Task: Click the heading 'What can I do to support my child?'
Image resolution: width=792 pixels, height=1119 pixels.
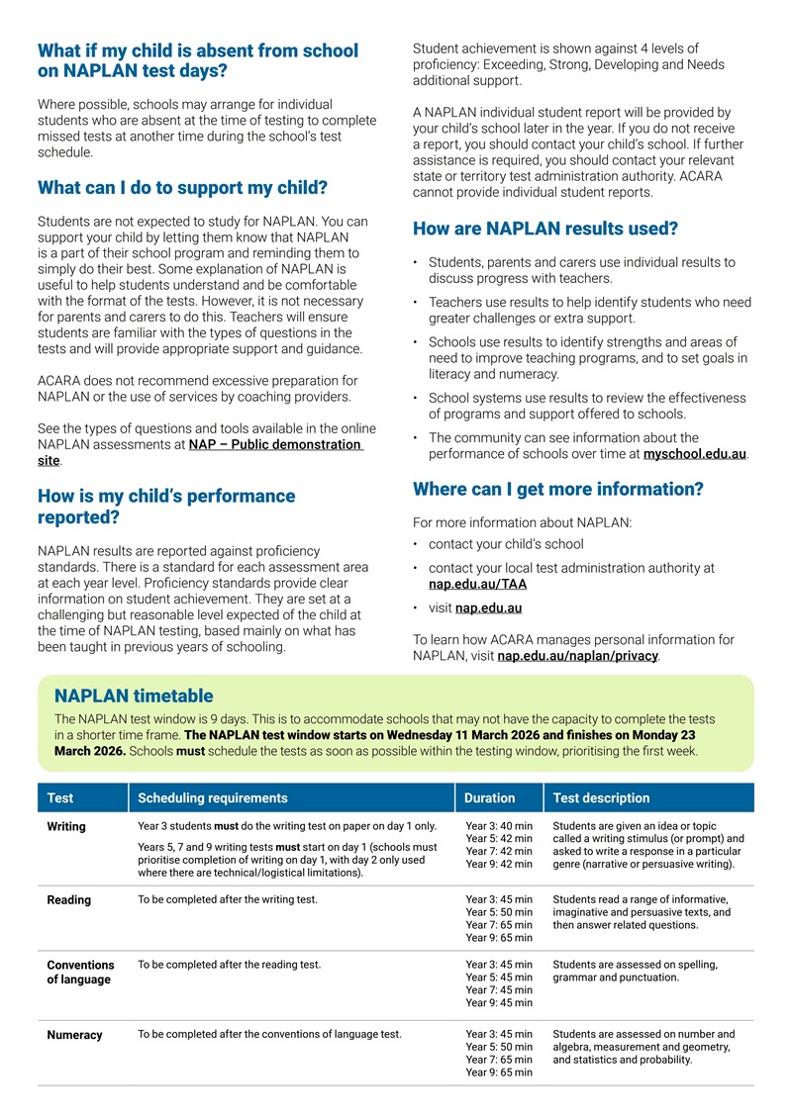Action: [x=182, y=187]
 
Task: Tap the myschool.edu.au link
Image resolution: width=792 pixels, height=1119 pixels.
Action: [x=694, y=454]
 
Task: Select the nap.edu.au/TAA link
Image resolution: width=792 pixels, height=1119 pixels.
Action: [x=470, y=584]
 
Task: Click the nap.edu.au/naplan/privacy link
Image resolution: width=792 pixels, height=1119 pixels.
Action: [x=577, y=655]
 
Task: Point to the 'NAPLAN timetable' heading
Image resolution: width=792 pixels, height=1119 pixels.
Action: [x=134, y=697]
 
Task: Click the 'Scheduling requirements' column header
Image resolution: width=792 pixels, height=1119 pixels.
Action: [x=213, y=797]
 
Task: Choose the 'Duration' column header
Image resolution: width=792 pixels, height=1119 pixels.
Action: [x=490, y=797]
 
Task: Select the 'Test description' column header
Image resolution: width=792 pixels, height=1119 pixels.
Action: [x=601, y=797]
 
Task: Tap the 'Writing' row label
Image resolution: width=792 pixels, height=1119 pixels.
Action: [x=66, y=826]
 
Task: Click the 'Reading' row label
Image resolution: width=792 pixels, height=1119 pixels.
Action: [x=69, y=899]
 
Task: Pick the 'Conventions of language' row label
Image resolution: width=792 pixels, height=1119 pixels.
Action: [x=80, y=972]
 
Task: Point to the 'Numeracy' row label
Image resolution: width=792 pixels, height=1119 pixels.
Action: [x=74, y=1035]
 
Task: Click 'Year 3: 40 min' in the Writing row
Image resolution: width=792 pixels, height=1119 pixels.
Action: [x=499, y=826]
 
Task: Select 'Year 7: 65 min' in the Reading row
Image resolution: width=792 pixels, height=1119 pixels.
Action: [x=499, y=925]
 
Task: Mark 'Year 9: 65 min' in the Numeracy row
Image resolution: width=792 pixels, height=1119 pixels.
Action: [x=499, y=1072]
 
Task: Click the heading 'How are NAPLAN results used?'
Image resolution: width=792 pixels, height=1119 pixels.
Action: [x=544, y=229]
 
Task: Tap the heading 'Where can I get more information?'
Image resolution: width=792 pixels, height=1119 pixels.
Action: [x=557, y=489]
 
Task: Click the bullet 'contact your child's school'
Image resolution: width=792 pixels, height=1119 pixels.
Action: [x=506, y=544]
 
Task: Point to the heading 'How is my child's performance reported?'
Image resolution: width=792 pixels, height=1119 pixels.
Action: [x=166, y=506]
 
